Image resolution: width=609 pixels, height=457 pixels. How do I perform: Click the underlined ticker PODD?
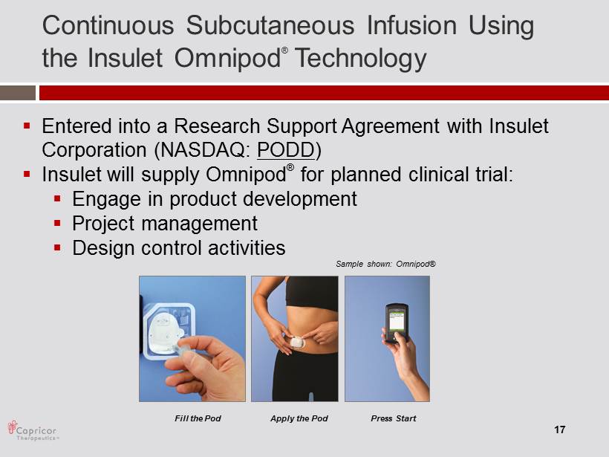[x=286, y=149]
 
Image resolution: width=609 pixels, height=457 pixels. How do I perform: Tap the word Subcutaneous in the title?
[x=270, y=26]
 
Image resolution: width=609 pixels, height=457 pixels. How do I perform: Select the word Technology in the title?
[x=360, y=59]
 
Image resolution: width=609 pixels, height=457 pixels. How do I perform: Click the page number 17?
[x=560, y=430]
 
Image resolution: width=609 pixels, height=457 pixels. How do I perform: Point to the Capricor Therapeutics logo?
[x=33, y=430]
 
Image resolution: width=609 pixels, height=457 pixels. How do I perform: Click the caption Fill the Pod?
[x=198, y=418]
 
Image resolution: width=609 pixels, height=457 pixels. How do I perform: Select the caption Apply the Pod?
[x=299, y=418]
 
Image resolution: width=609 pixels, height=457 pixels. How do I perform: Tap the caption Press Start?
[x=393, y=418]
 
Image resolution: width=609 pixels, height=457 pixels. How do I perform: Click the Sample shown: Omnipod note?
[x=385, y=264]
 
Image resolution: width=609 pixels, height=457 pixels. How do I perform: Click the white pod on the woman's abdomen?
[x=299, y=342]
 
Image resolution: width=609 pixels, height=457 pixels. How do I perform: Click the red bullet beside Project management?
[x=57, y=223]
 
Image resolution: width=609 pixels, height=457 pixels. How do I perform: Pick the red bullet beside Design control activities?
[x=57, y=247]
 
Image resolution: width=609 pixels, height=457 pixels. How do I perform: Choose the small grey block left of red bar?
[x=18, y=93]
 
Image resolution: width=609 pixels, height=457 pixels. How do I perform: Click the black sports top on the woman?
[x=312, y=292]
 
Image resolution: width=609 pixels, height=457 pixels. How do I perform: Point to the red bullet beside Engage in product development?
[x=57, y=198]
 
